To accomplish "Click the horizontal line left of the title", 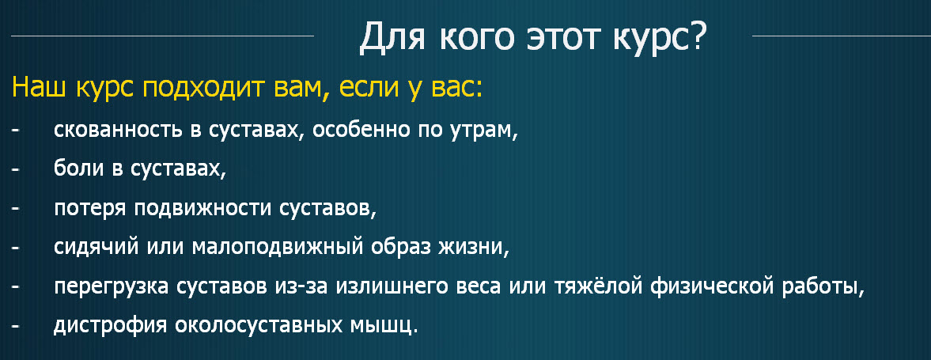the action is [162, 36].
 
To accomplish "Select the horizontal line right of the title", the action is [842, 36].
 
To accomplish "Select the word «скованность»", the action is [119, 130].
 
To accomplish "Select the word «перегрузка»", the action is [112, 287].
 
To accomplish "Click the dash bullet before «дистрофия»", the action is [15, 327].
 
